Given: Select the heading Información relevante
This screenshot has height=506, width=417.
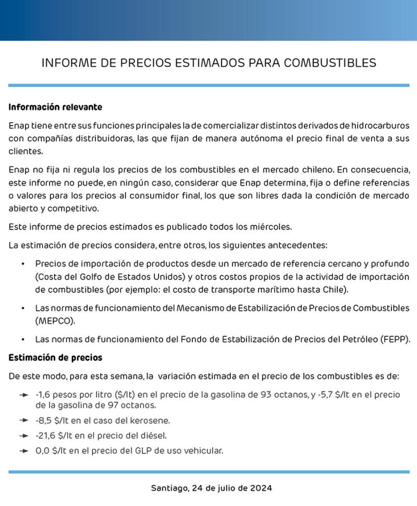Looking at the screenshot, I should (55, 107).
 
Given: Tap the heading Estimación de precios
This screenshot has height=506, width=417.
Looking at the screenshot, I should (55, 358).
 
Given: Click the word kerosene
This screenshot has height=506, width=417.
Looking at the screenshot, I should (151, 420).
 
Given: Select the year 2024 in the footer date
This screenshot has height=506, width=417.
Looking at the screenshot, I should (260, 489).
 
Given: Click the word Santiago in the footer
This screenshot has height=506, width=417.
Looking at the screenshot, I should (169, 489).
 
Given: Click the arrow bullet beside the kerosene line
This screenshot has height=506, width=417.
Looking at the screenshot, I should (23, 420).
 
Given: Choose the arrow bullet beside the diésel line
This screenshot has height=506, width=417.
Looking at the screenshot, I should (23, 436).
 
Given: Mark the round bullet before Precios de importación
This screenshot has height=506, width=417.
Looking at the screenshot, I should (23, 264).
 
